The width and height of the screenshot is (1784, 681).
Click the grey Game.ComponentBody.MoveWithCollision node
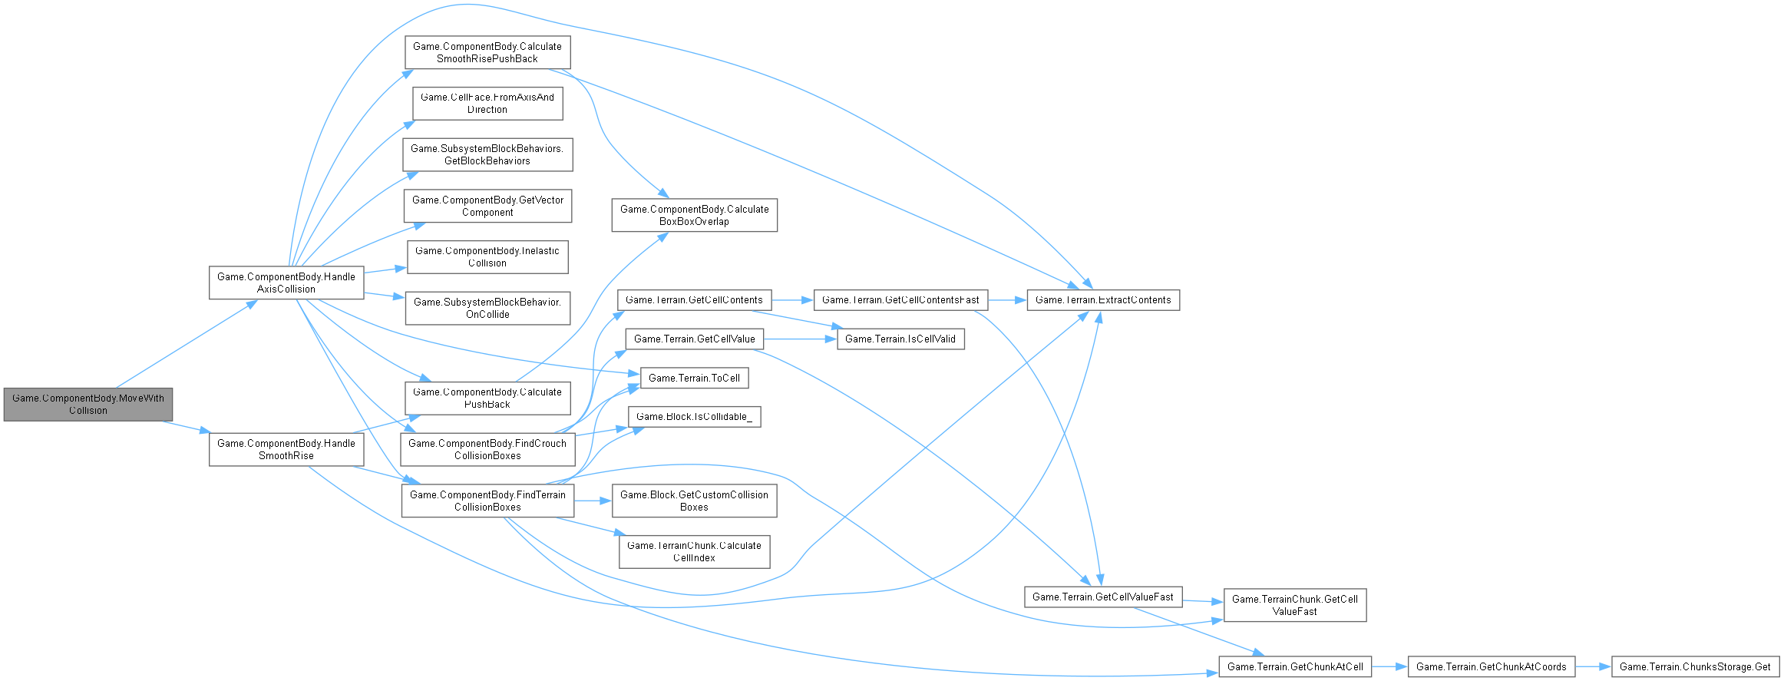pos(88,405)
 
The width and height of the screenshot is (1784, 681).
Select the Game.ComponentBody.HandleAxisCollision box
pos(286,283)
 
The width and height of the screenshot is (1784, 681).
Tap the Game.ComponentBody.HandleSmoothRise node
pos(286,449)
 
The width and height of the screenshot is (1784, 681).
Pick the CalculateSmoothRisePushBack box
pos(487,52)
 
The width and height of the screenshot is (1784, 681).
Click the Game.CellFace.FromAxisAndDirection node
pos(487,104)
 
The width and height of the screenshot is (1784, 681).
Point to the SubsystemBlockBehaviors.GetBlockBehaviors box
pos(487,154)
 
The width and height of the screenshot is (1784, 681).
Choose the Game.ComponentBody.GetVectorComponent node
pos(487,206)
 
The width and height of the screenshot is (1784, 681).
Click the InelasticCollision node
pos(487,257)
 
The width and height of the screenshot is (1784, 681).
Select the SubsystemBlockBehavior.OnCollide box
pos(487,308)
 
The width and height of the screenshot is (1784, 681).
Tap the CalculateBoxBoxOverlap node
pos(694,215)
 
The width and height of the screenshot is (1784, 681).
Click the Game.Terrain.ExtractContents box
pos(1102,299)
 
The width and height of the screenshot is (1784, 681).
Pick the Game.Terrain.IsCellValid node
pos(900,339)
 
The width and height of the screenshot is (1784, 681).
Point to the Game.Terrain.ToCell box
pos(694,378)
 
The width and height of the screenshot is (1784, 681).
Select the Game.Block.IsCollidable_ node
pos(694,417)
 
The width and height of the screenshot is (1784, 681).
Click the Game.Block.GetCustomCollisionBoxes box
pos(694,501)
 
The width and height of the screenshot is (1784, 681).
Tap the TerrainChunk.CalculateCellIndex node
pos(694,551)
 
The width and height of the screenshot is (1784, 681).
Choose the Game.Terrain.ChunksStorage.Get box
pos(1694,666)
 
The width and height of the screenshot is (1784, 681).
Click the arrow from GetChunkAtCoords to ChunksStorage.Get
pos(1593,666)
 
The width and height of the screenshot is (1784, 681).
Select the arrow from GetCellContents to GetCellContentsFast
pos(792,299)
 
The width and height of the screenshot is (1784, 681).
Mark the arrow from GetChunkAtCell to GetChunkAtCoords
pos(1389,666)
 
